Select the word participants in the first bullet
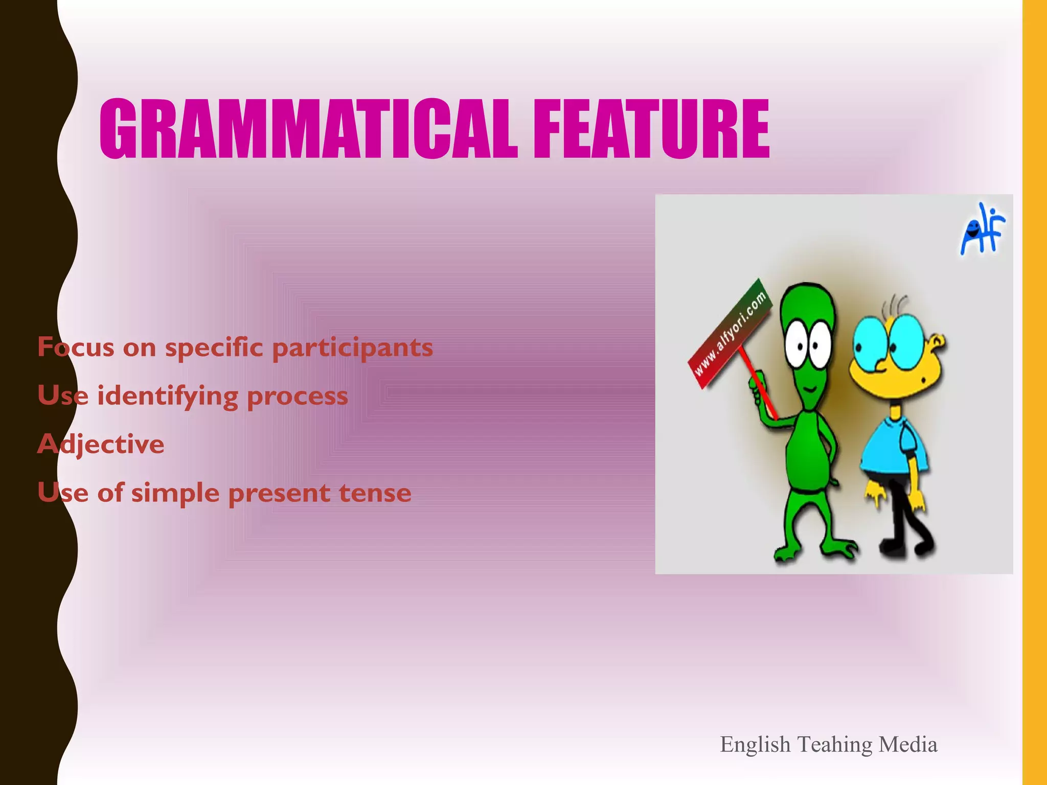[352, 348]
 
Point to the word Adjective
[101, 444]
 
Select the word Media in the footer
[908, 744]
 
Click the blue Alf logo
[982, 230]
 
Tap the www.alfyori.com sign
[729, 334]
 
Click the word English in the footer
[755, 745]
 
